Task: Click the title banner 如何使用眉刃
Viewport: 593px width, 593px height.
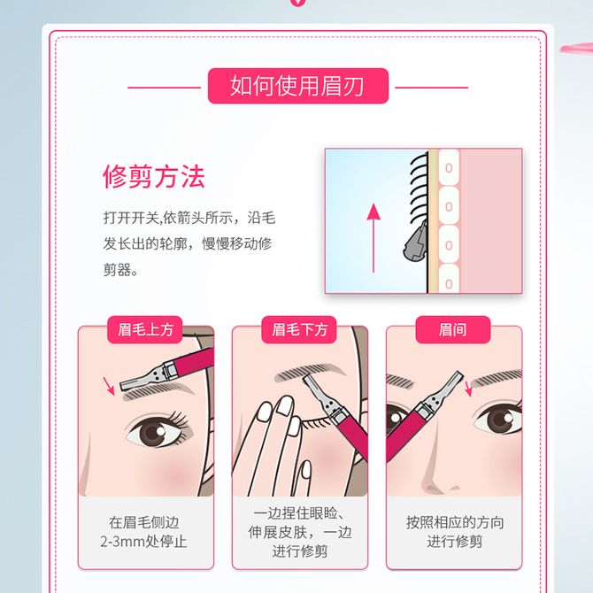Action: point(298,86)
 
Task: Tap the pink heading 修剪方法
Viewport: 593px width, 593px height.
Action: point(154,177)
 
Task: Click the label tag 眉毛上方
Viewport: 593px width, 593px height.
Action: point(145,330)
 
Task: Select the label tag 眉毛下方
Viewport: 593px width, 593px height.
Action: point(299,330)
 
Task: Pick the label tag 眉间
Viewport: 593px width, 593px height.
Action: point(452,330)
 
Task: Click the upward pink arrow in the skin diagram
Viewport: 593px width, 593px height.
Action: point(374,238)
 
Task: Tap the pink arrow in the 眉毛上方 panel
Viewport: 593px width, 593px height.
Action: point(109,386)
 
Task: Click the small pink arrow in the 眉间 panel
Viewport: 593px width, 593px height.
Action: point(468,389)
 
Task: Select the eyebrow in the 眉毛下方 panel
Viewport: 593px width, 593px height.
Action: point(310,372)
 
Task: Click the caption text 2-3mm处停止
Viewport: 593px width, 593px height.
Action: point(143,542)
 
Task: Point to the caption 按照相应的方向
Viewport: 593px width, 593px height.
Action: point(455,522)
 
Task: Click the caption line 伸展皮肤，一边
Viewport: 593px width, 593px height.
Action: point(300,532)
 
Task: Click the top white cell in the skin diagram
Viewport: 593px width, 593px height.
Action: point(449,167)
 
